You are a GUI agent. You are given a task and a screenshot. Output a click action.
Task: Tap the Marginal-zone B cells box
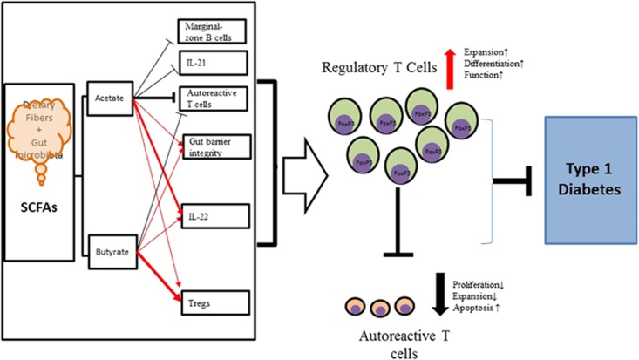pyautogui.click(x=214, y=32)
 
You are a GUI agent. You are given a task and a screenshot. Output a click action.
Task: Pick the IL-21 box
pyautogui.click(x=214, y=64)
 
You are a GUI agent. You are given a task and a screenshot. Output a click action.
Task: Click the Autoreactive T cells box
pyautogui.click(x=214, y=98)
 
